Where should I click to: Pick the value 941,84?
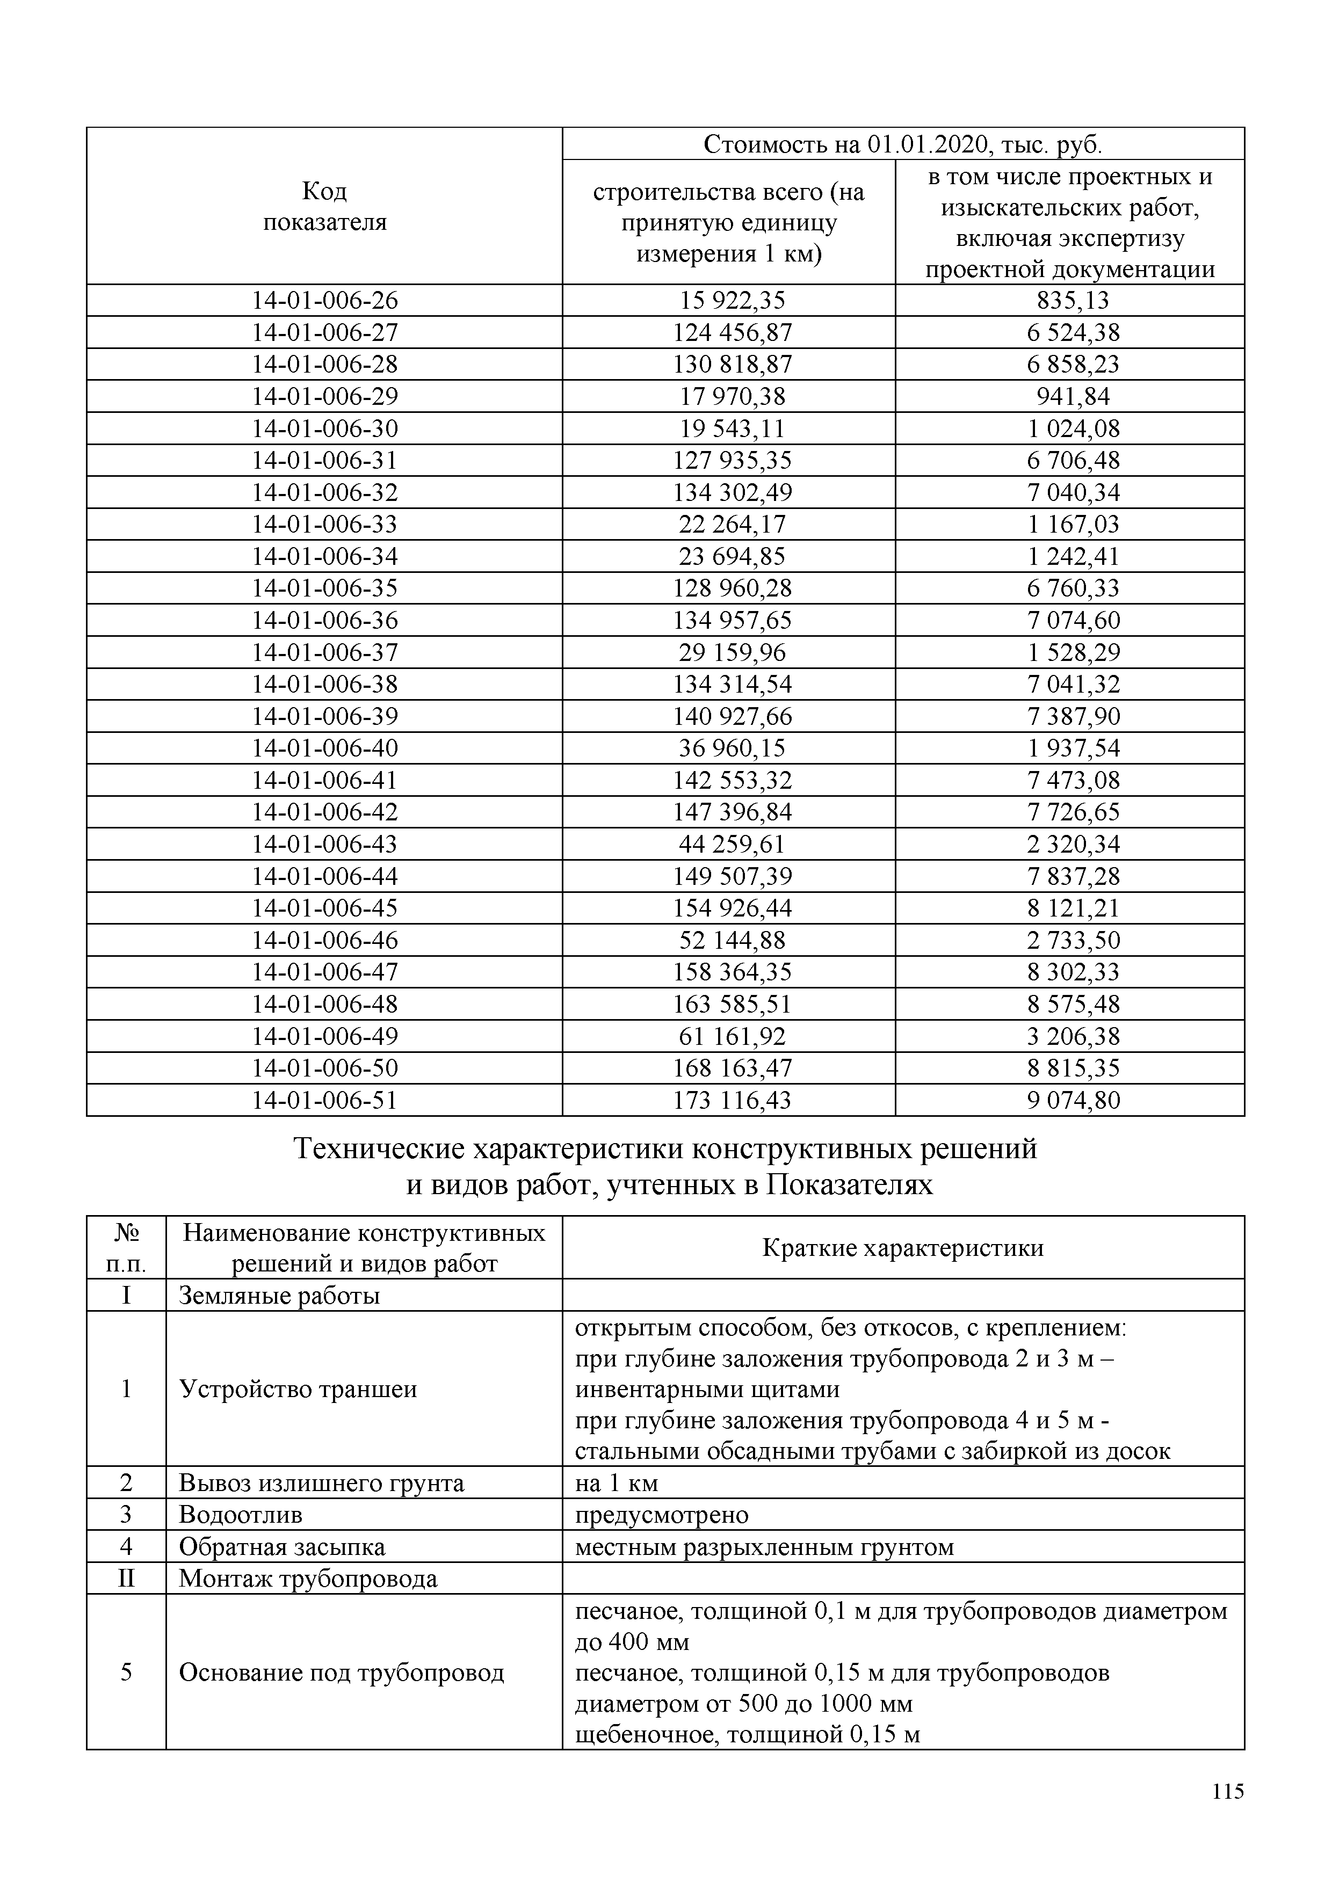coord(1072,397)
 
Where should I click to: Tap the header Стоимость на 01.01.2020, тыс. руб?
coord(902,144)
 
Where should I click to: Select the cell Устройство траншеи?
coord(298,1389)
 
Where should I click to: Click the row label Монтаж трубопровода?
coord(308,1579)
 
